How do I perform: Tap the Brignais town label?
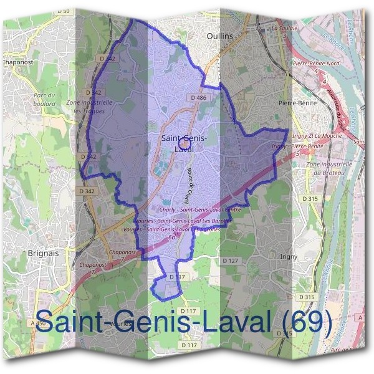coord(43,236)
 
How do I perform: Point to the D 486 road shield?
coord(199,98)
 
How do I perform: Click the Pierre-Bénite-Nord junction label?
coord(315,64)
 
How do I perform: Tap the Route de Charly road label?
coord(192,181)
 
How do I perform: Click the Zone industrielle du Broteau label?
coord(329,168)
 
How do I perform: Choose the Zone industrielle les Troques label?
coord(89,106)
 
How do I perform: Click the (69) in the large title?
coord(305,322)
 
